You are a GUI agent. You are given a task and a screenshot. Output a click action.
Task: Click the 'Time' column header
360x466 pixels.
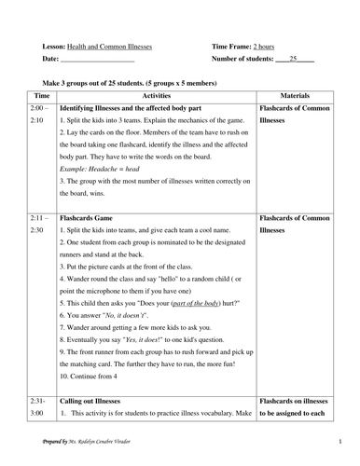42,96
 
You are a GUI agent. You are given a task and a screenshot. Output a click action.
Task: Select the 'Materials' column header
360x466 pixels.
301,96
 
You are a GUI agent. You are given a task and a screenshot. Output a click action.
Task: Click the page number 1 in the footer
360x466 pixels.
340,441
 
